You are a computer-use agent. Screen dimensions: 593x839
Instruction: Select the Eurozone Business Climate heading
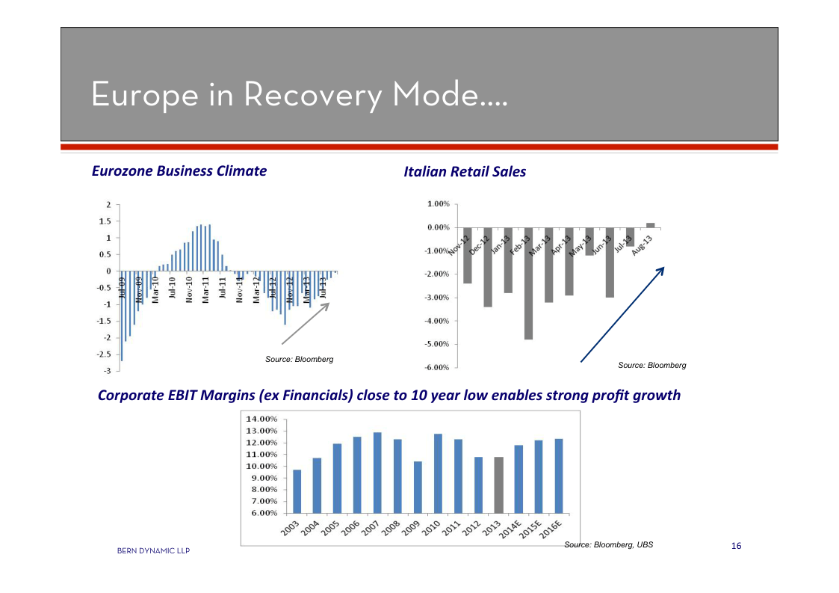point(179,171)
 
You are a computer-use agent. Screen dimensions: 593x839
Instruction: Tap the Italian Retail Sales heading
point(464,172)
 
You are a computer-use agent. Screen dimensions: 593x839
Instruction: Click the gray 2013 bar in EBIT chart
point(499,485)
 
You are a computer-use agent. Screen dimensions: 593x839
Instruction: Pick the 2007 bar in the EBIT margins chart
point(377,473)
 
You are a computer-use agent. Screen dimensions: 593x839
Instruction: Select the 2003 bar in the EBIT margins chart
point(297,491)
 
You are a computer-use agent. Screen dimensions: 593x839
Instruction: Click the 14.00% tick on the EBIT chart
point(261,420)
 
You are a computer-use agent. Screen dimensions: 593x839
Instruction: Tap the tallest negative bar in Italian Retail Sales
point(528,283)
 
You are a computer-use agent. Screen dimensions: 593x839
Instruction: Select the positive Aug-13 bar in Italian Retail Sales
point(650,224)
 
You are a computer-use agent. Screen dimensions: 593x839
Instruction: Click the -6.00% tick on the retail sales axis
point(437,367)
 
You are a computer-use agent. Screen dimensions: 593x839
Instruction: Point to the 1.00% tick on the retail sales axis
point(438,204)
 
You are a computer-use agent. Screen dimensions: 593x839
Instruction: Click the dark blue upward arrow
point(622,315)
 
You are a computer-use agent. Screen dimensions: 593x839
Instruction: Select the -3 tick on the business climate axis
point(108,371)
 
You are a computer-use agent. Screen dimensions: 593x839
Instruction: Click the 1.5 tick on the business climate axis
point(105,221)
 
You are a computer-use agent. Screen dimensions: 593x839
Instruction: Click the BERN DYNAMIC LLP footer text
point(153,551)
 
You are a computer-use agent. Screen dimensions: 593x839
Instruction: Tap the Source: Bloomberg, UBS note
point(608,544)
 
